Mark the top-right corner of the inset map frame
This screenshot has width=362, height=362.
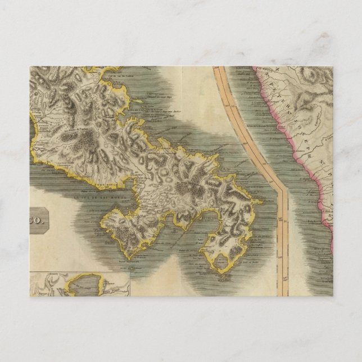pyautogui.click(x=130, y=272)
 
